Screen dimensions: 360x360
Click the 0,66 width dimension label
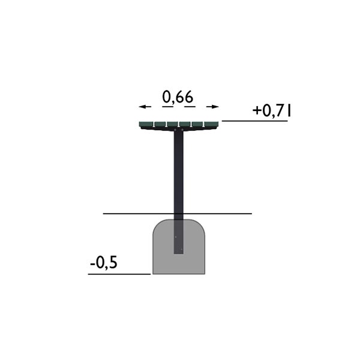178,97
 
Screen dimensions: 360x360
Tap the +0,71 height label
272,111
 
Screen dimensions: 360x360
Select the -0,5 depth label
104,263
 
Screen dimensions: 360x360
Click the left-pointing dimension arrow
145,107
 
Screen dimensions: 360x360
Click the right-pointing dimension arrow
212,107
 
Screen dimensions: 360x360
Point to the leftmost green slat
146,124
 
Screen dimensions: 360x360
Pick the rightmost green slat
211,124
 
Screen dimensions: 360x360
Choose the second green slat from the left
160,124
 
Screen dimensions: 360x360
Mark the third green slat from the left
172,124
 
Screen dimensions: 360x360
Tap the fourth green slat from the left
185,124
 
